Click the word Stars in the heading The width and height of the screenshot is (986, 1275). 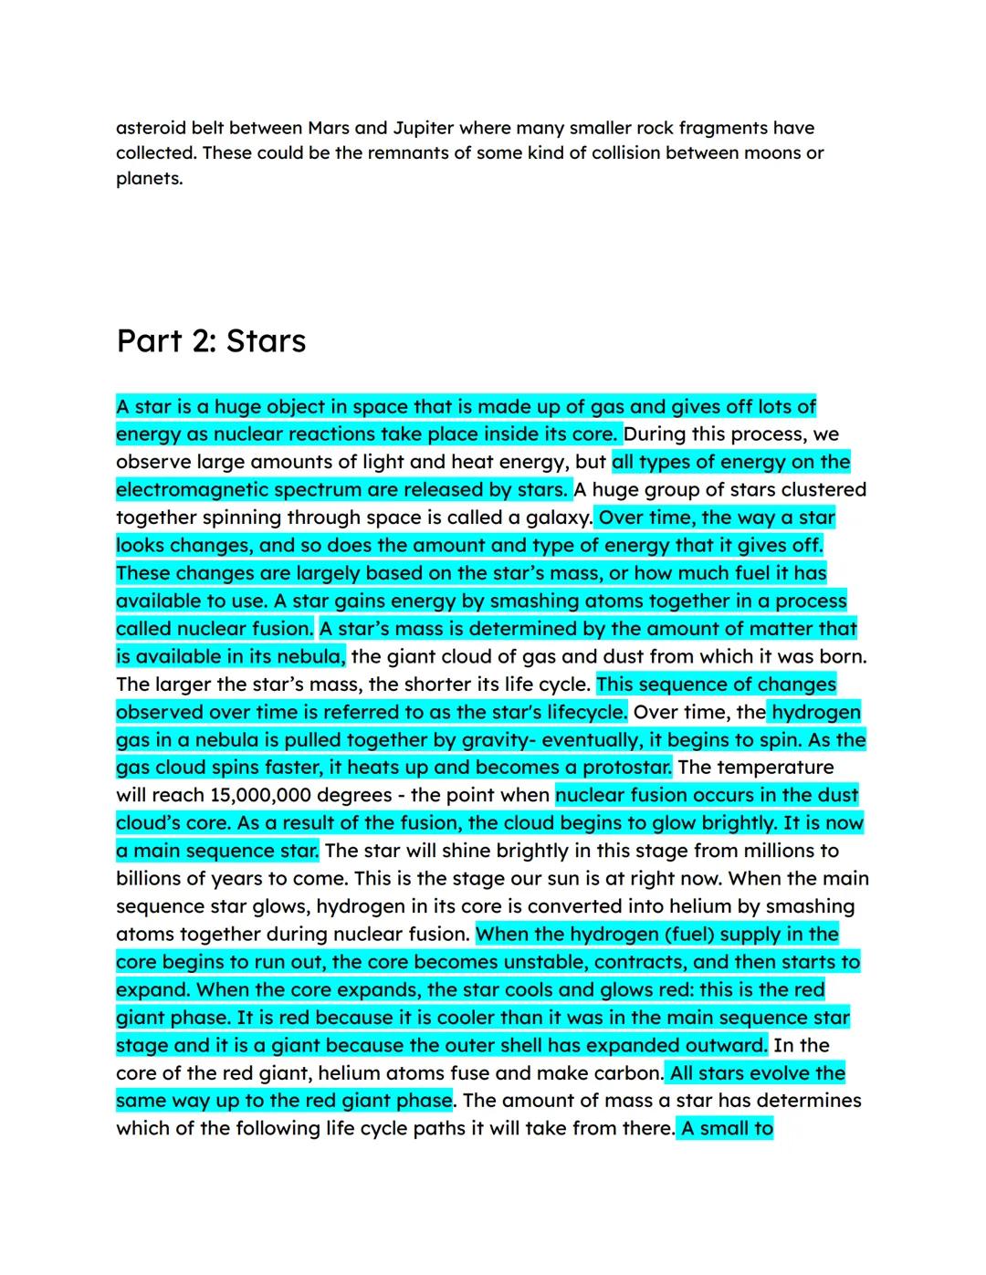(x=266, y=341)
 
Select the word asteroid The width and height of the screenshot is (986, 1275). (x=150, y=128)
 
